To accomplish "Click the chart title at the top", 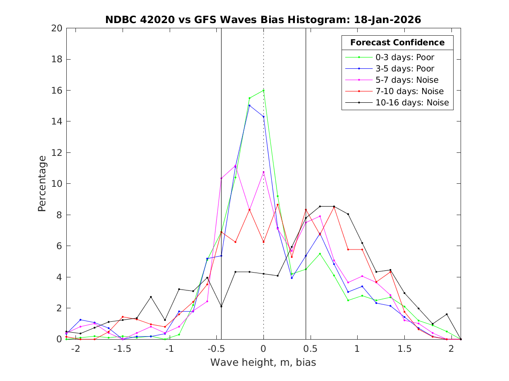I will click(x=263, y=20).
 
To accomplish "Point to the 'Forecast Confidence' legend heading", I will click(x=397, y=43).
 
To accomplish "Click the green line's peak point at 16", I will click(x=263, y=91).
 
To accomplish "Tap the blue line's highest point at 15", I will click(x=249, y=105).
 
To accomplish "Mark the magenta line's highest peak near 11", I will click(x=236, y=166).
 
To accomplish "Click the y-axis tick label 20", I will click(x=57, y=28).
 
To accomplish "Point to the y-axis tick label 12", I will click(x=57, y=153).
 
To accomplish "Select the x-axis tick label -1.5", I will click(x=123, y=349).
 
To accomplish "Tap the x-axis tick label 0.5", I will click(x=310, y=349).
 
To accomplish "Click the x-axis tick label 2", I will click(x=451, y=349).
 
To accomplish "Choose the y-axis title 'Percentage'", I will click(x=42, y=183).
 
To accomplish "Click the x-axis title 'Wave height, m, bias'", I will click(x=263, y=363).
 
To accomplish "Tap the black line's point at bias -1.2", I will click(x=151, y=297).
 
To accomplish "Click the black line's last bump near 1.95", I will click(x=447, y=314).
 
